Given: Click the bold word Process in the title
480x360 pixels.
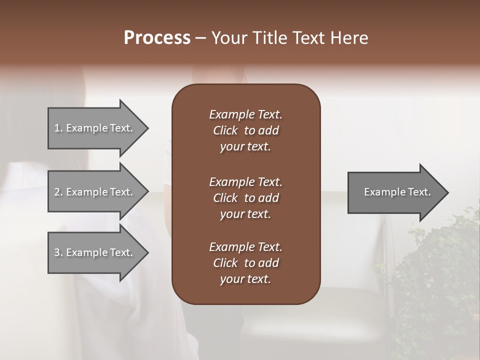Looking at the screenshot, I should (x=157, y=38).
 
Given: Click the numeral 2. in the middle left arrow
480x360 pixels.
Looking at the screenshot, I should (x=58, y=192).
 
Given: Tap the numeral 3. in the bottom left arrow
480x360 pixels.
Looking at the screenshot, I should (x=58, y=252).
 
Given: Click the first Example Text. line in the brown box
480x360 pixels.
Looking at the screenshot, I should (x=245, y=114).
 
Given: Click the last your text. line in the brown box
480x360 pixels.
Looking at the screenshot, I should (x=245, y=279).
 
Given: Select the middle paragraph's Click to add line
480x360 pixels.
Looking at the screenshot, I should (x=245, y=198).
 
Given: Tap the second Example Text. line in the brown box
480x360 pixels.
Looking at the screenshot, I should (x=245, y=182).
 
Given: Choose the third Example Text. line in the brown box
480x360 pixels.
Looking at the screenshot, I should (x=245, y=247).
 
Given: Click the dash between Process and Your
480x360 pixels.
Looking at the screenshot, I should (x=200, y=38).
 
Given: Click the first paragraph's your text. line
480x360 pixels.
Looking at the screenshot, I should (x=245, y=147).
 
